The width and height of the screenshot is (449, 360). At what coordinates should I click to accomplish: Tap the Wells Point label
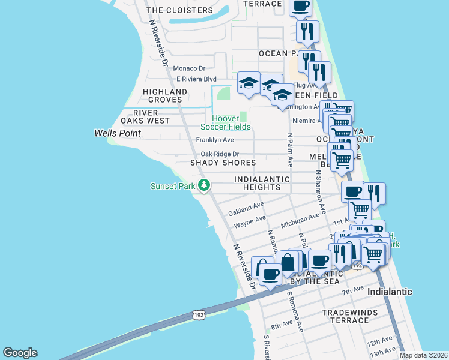pyautogui.click(x=118, y=133)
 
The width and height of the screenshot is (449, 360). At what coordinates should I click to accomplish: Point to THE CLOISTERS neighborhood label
pyautogui.click(x=179, y=10)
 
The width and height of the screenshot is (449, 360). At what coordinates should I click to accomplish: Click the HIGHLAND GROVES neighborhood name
pyautogui.click(x=164, y=95)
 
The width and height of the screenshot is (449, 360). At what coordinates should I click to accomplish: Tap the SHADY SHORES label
pyautogui.click(x=223, y=163)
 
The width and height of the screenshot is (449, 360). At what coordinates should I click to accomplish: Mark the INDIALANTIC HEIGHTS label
pyautogui.click(x=258, y=183)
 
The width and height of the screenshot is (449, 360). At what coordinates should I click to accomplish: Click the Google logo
pyautogui.click(x=20, y=353)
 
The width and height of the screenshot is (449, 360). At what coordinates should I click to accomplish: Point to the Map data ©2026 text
pyautogui.click(x=423, y=355)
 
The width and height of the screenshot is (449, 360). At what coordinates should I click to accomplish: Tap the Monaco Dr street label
pyautogui.click(x=189, y=69)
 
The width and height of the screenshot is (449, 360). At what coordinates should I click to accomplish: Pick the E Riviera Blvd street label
pyautogui.click(x=196, y=79)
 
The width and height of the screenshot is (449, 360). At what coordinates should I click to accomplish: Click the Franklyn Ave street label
pyautogui.click(x=214, y=140)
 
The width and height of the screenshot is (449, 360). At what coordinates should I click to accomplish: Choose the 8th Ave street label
pyautogui.click(x=281, y=325)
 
